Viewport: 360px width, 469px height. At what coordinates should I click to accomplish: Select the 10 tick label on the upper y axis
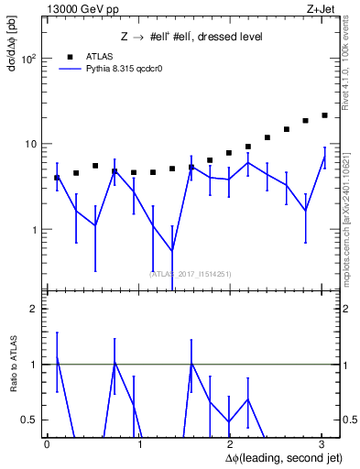[31, 145]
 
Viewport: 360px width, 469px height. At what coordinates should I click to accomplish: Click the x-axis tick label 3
[322, 443]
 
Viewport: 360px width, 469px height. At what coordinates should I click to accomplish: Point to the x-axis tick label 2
[230, 443]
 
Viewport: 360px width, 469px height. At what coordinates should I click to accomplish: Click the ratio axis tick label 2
[33, 310]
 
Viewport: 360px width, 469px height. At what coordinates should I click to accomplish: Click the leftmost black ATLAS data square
[57, 178]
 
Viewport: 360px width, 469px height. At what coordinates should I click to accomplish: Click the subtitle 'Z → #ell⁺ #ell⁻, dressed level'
[192, 37]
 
